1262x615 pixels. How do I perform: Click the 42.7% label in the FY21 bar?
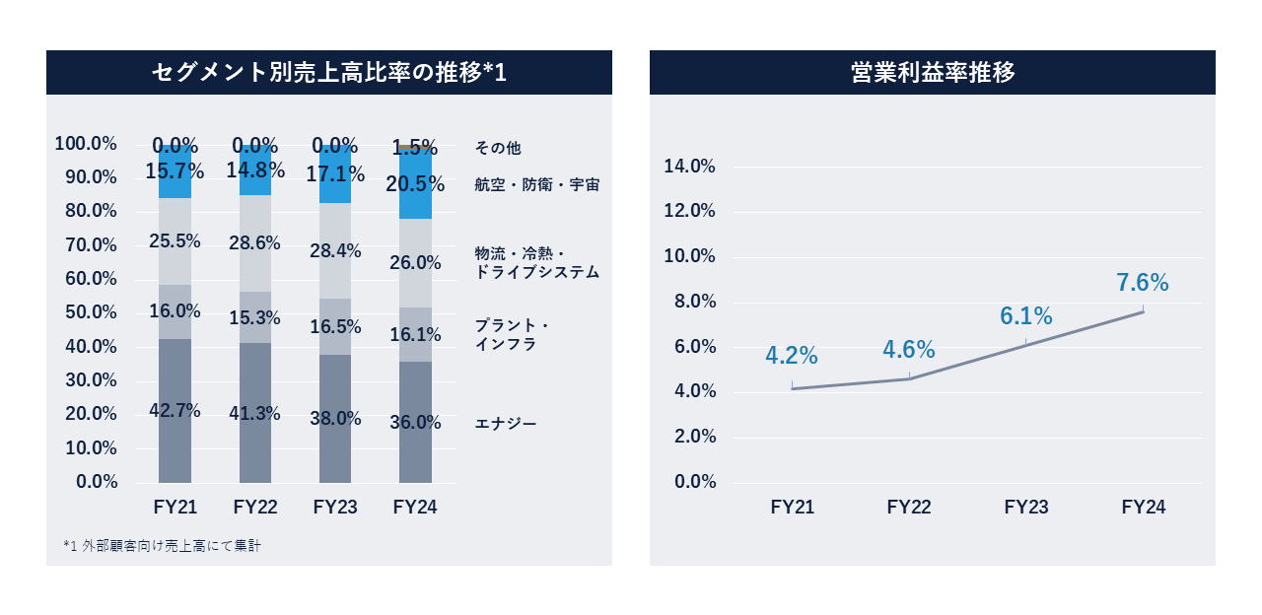coord(175,411)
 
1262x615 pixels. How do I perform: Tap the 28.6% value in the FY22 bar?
coord(254,243)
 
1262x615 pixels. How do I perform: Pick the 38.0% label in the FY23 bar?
coord(335,418)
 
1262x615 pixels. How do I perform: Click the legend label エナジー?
coord(506,424)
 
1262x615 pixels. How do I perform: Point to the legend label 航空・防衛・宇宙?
coord(536,184)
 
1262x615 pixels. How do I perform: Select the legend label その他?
coord(498,148)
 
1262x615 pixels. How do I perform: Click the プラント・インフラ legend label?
coord(512,335)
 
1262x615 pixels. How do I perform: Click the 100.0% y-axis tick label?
coord(87,144)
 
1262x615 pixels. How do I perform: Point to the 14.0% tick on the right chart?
coord(689,167)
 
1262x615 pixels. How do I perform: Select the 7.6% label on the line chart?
coord(1143,283)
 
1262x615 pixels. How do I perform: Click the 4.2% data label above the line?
coord(792,355)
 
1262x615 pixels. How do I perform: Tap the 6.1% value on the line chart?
coord(1026,316)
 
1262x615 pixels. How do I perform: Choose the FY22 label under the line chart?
coord(909,508)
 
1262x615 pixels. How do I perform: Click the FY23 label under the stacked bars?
coord(335,508)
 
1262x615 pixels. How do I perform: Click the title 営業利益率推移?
coord(932,73)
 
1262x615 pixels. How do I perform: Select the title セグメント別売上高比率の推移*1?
coord(328,73)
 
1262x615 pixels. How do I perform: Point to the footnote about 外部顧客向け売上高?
coord(162,545)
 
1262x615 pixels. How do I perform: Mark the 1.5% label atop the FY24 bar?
coord(415,148)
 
